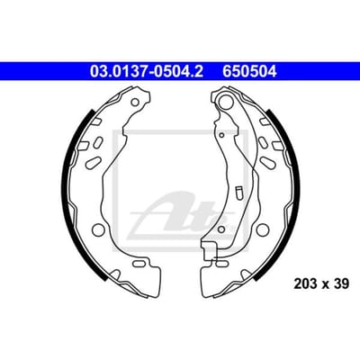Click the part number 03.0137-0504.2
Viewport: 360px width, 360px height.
147,72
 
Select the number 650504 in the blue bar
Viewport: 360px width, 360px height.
249,72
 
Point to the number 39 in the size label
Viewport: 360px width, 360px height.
341,283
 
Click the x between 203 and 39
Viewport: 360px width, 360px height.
326,284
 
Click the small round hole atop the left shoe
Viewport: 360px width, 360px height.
135,103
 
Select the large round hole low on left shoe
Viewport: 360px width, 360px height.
98,229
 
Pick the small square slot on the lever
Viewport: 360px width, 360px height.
239,193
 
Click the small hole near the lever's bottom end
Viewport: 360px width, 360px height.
221,229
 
